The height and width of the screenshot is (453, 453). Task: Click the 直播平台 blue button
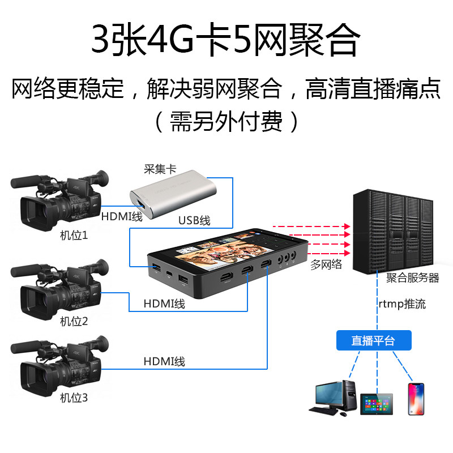click(373, 340)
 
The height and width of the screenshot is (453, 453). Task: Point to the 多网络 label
click(327, 264)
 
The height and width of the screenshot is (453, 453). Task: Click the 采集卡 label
click(156, 169)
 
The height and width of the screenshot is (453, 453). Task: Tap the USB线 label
click(194, 221)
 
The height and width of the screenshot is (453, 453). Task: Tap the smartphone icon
click(416, 399)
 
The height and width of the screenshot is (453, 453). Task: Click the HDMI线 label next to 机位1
click(122, 216)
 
